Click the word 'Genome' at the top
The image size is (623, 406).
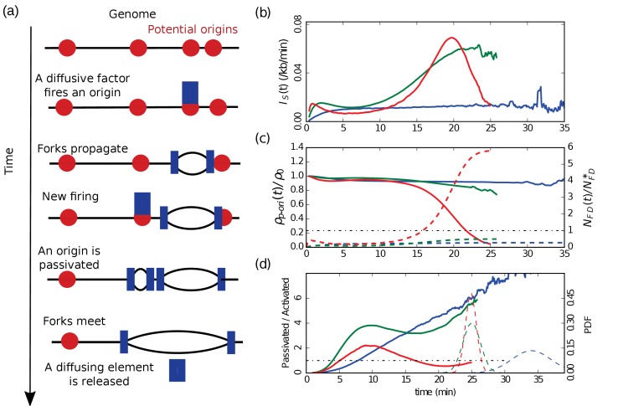tap(132, 15)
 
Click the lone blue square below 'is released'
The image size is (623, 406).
tap(177, 369)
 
